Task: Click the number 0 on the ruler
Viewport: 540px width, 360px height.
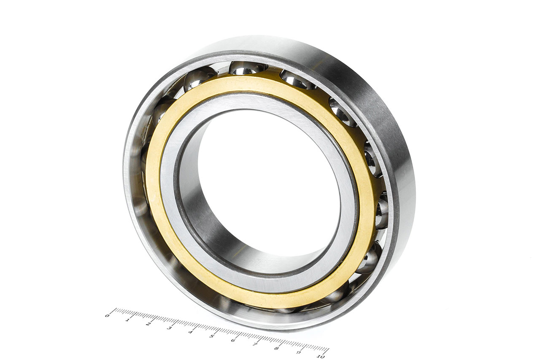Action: click(107, 316)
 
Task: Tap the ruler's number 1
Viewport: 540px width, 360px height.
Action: click(127, 320)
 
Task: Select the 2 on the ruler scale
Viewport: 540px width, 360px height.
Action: click(148, 324)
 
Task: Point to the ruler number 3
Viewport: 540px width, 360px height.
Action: click(170, 328)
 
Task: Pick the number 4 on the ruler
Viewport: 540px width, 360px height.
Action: click(190, 332)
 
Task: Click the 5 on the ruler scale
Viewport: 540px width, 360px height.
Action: click(212, 336)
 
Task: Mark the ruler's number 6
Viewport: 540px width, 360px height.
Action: click(233, 340)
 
